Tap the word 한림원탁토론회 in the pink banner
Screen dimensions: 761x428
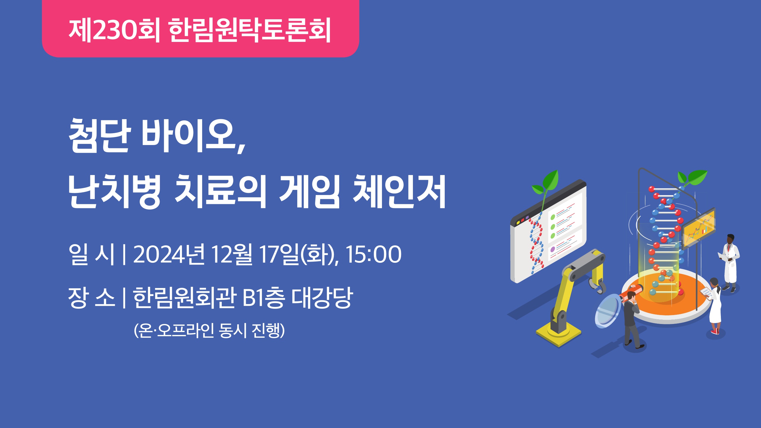[250, 30]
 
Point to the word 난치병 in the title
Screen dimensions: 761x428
[115, 191]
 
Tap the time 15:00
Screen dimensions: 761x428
[374, 254]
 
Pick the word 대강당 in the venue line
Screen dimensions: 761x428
[323, 297]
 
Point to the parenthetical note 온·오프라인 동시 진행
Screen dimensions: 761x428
[209, 330]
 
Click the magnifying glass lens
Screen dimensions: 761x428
[608, 311]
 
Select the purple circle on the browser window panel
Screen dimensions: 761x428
[553, 249]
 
